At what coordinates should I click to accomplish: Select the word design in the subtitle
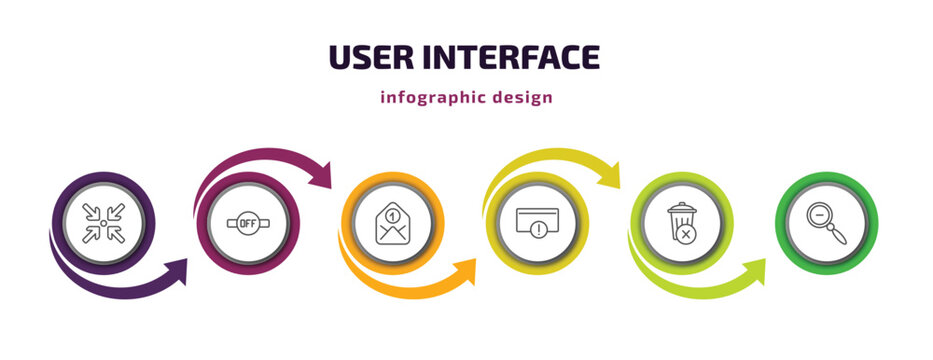point(522,98)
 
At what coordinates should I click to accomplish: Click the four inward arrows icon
point(103,222)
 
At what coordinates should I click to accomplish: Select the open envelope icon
point(393,223)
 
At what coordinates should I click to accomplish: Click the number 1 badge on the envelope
point(393,211)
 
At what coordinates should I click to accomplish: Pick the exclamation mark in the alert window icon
point(539,228)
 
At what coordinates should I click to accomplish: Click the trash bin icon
point(680,221)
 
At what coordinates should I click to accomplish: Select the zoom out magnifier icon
point(827,221)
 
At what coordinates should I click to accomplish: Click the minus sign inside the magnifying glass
point(819,213)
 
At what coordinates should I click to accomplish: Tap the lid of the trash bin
point(680,207)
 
